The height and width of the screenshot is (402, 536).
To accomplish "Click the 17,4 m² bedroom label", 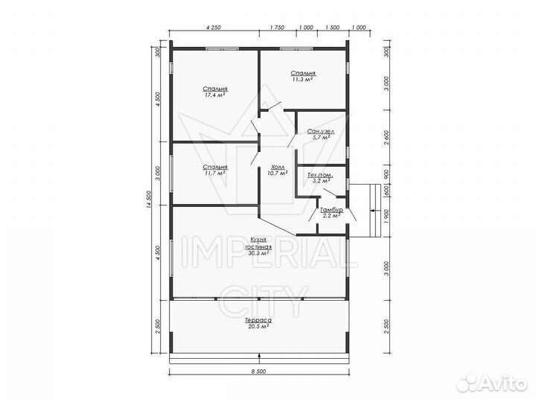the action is click(x=215, y=92).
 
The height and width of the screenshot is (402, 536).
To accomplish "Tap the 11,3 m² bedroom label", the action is click(x=303, y=76).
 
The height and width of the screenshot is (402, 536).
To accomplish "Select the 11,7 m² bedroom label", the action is click(x=215, y=170).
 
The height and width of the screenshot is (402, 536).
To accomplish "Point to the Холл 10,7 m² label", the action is click(x=278, y=170).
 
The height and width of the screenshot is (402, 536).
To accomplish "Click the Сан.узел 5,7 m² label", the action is click(x=321, y=134).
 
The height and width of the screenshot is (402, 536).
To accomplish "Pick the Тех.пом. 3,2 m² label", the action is click(x=321, y=178).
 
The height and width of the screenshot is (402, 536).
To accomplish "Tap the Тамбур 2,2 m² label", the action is click(x=331, y=213).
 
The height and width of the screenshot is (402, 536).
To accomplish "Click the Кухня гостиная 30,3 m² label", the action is click(x=258, y=246).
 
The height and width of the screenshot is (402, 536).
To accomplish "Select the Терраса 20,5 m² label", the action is click(x=258, y=323).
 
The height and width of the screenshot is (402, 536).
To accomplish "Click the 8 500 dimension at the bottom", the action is click(x=259, y=371).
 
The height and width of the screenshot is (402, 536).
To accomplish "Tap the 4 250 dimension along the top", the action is click(x=214, y=28).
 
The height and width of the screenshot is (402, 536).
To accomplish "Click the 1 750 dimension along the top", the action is click(x=277, y=28).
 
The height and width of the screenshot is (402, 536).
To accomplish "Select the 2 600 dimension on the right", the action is click(x=386, y=138).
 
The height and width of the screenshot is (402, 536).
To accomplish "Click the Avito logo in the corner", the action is click(x=492, y=383).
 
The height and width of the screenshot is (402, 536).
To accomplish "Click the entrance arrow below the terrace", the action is click(x=260, y=358).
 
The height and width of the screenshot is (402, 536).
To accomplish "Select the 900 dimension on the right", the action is click(x=386, y=173).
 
